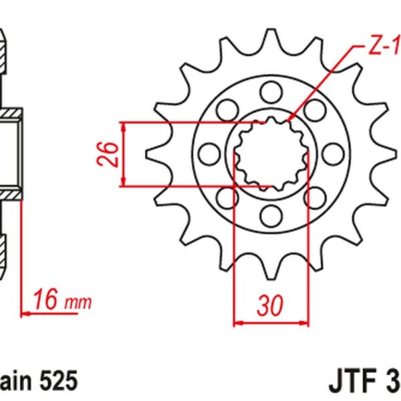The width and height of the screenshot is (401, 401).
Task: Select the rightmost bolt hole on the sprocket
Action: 333,152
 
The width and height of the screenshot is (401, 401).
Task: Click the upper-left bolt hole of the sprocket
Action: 227,108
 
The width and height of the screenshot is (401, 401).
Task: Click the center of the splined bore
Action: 271,152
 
